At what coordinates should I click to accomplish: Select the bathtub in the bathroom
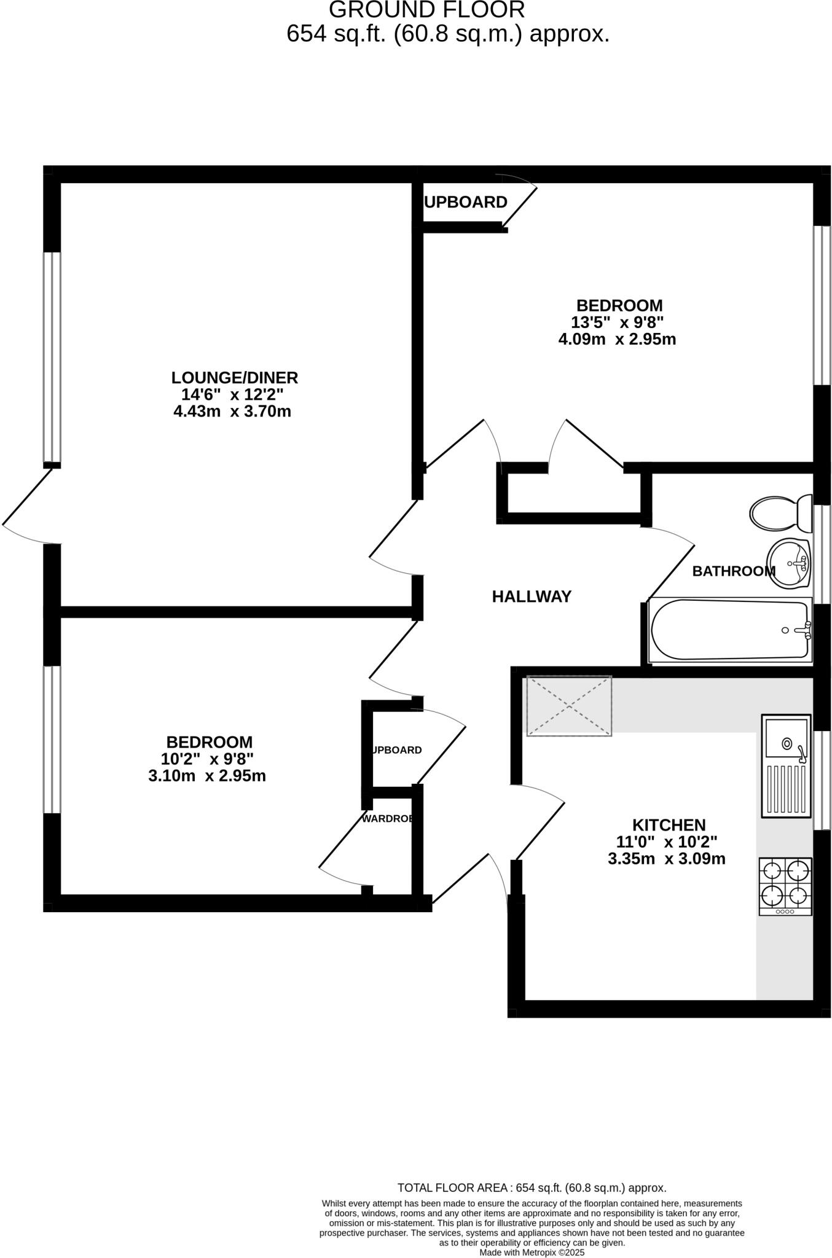click(730, 631)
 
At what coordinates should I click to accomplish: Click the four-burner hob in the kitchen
click(785, 885)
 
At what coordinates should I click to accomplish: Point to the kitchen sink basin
click(787, 744)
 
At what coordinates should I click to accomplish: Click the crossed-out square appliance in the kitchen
click(569, 706)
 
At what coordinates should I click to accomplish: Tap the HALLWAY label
click(532, 596)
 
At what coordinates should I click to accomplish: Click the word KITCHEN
click(669, 824)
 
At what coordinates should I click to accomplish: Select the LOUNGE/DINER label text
click(234, 377)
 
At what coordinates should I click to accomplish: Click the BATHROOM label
click(733, 571)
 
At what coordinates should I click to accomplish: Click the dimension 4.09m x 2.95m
click(617, 339)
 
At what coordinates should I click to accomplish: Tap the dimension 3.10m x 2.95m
click(207, 776)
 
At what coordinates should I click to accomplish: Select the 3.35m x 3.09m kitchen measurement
click(666, 859)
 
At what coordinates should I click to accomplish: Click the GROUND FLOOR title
click(427, 10)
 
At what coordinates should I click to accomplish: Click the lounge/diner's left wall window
click(52, 356)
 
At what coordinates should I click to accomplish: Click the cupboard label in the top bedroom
click(466, 202)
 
